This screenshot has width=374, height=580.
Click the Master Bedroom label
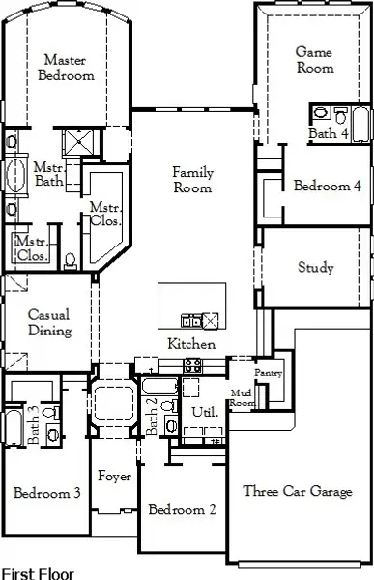[x=66, y=68]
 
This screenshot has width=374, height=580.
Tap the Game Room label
[x=315, y=60]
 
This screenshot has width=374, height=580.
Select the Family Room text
[x=192, y=180]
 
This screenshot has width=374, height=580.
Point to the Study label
[x=316, y=267]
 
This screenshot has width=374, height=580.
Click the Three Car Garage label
[x=298, y=491]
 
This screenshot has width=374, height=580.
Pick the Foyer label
[x=114, y=477]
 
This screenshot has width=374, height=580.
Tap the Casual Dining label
[x=49, y=322]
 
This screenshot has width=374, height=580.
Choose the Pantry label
[x=269, y=373]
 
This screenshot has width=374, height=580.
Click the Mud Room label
[x=243, y=397]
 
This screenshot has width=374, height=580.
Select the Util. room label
[x=205, y=412]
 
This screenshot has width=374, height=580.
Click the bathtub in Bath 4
[x=360, y=125]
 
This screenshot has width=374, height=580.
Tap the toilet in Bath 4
[x=341, y=115]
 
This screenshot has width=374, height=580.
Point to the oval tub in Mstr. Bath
[x=15, y=175]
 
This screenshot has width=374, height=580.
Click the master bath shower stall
[x=78, y=142]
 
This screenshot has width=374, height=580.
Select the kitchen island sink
[x=191, y=321]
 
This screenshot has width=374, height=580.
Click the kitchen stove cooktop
[x=192, y=365]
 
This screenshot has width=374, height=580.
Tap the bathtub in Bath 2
[x=159, y=386]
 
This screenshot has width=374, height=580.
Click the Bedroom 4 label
[x=327, y=186]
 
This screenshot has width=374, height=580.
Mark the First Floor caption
[x=38, y=573]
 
